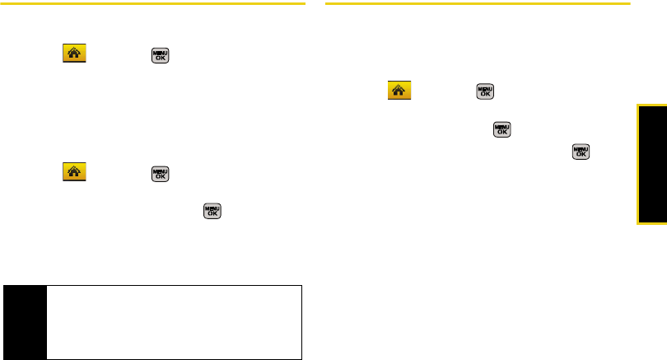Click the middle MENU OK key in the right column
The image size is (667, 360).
pyautogui.click(x=501, y=129)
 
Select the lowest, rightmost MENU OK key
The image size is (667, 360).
pyautogui.click(x=581, y=151)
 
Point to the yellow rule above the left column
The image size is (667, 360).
pyautogui.click(x=152, y=4)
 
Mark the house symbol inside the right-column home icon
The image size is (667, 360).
pyautogui.click(x=399, y=91)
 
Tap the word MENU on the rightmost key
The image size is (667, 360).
pyautogui.click(x=581, y=147)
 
